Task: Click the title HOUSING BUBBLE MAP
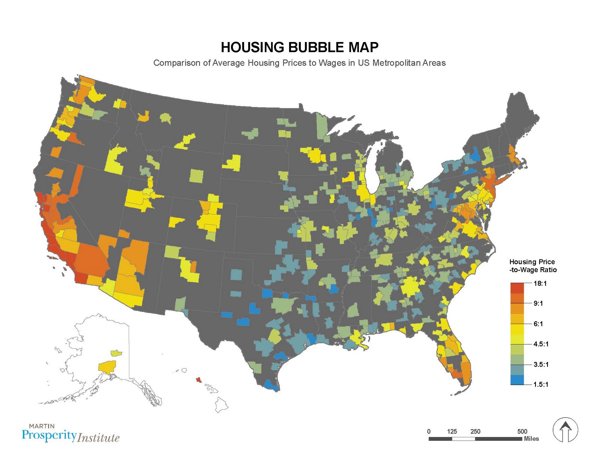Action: point(299,47)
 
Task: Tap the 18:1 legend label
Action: point(540,283)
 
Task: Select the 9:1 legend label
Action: point(538,303)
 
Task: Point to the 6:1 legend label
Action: point(538,324)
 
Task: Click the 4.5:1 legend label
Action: point(541,344)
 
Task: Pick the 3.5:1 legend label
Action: point(541,364)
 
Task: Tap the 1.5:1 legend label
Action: point(541,384)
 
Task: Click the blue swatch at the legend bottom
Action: point(517,380)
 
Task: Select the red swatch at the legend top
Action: point(517,288)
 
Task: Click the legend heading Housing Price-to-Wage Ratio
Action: point(532,266)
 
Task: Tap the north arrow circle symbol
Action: point(565,429)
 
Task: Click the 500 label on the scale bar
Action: point(522,431)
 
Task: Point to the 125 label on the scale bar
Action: point(452,431)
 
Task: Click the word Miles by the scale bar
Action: point(531,438)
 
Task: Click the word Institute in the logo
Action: point(99,438)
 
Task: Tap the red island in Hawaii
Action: point(198,380)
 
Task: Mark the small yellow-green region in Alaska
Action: point(116,353)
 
